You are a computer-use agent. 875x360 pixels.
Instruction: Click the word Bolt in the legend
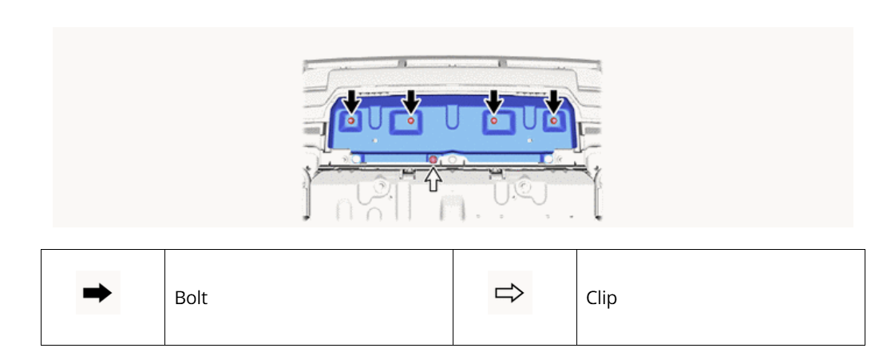(191, 298)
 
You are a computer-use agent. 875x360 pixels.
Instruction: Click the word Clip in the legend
(601, 298)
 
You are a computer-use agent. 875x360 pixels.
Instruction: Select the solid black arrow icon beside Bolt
(97, 292)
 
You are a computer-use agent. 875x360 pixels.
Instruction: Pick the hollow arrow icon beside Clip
(509, 292)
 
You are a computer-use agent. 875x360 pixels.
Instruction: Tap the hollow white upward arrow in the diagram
(433, 179)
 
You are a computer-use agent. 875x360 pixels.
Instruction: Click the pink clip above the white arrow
(433, 160)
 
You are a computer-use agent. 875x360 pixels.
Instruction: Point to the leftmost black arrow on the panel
(351, 103)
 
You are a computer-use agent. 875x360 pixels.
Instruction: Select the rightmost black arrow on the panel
(553, 103)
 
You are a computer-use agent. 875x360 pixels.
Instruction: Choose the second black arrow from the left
(411, 103)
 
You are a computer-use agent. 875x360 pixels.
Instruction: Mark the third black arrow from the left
(494, 103)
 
